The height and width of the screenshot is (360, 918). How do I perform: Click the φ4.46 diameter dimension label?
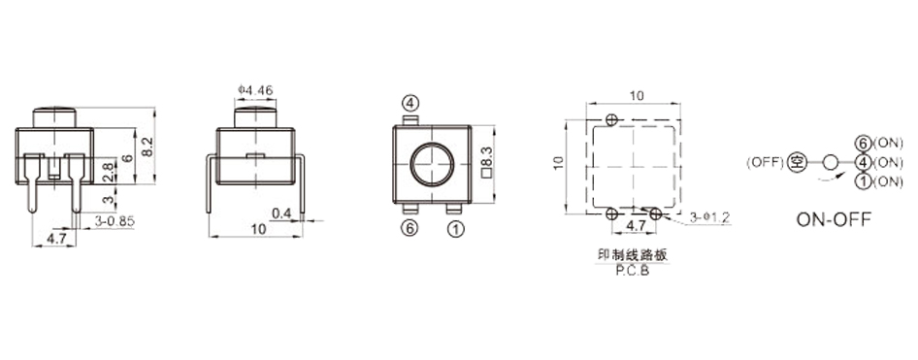255,90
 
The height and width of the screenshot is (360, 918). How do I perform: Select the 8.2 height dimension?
148,146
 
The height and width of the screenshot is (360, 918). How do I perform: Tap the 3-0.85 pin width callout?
115,220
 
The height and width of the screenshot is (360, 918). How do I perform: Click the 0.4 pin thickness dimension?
281,214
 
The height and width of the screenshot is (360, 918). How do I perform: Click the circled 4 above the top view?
411,104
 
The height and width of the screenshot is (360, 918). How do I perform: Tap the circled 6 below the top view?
410,228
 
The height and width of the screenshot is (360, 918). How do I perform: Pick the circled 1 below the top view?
455,229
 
